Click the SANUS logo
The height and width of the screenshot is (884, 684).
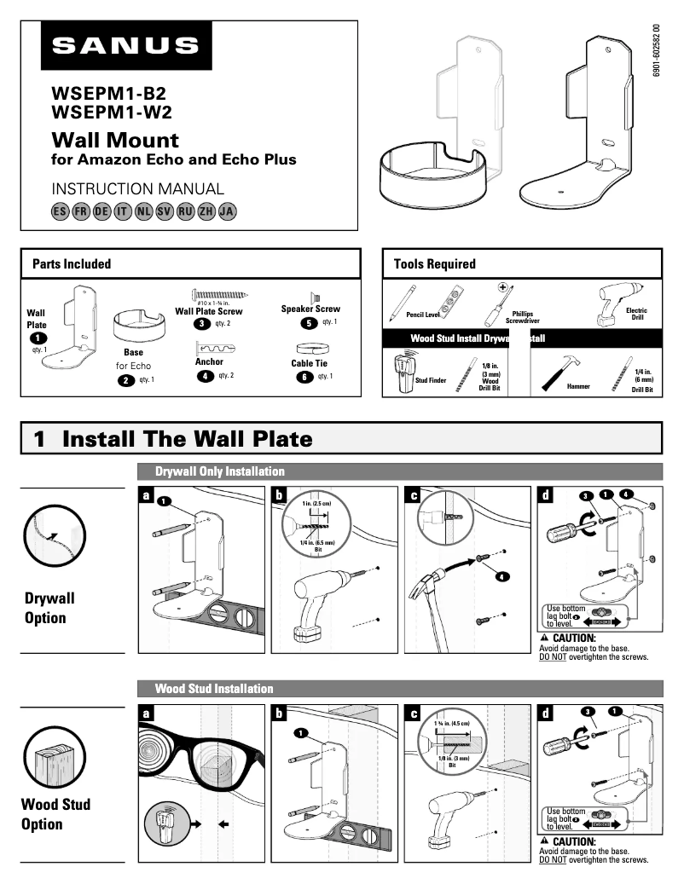125,46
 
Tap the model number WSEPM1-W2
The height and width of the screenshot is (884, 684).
112,112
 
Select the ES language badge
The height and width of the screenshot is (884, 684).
60,211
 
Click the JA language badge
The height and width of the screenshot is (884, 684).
226,211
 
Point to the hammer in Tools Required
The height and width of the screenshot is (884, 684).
555,370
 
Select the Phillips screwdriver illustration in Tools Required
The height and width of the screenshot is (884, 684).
496,303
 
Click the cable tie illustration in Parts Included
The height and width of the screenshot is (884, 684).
310,349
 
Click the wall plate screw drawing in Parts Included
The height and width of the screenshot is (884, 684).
219,294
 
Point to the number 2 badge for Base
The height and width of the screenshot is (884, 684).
127,380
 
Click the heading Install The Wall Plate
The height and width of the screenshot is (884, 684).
187,439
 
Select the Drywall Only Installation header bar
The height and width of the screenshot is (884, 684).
400,471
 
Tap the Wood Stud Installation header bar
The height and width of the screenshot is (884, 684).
400,688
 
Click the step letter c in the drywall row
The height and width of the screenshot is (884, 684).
414,495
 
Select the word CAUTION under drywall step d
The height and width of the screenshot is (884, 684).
573,638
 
